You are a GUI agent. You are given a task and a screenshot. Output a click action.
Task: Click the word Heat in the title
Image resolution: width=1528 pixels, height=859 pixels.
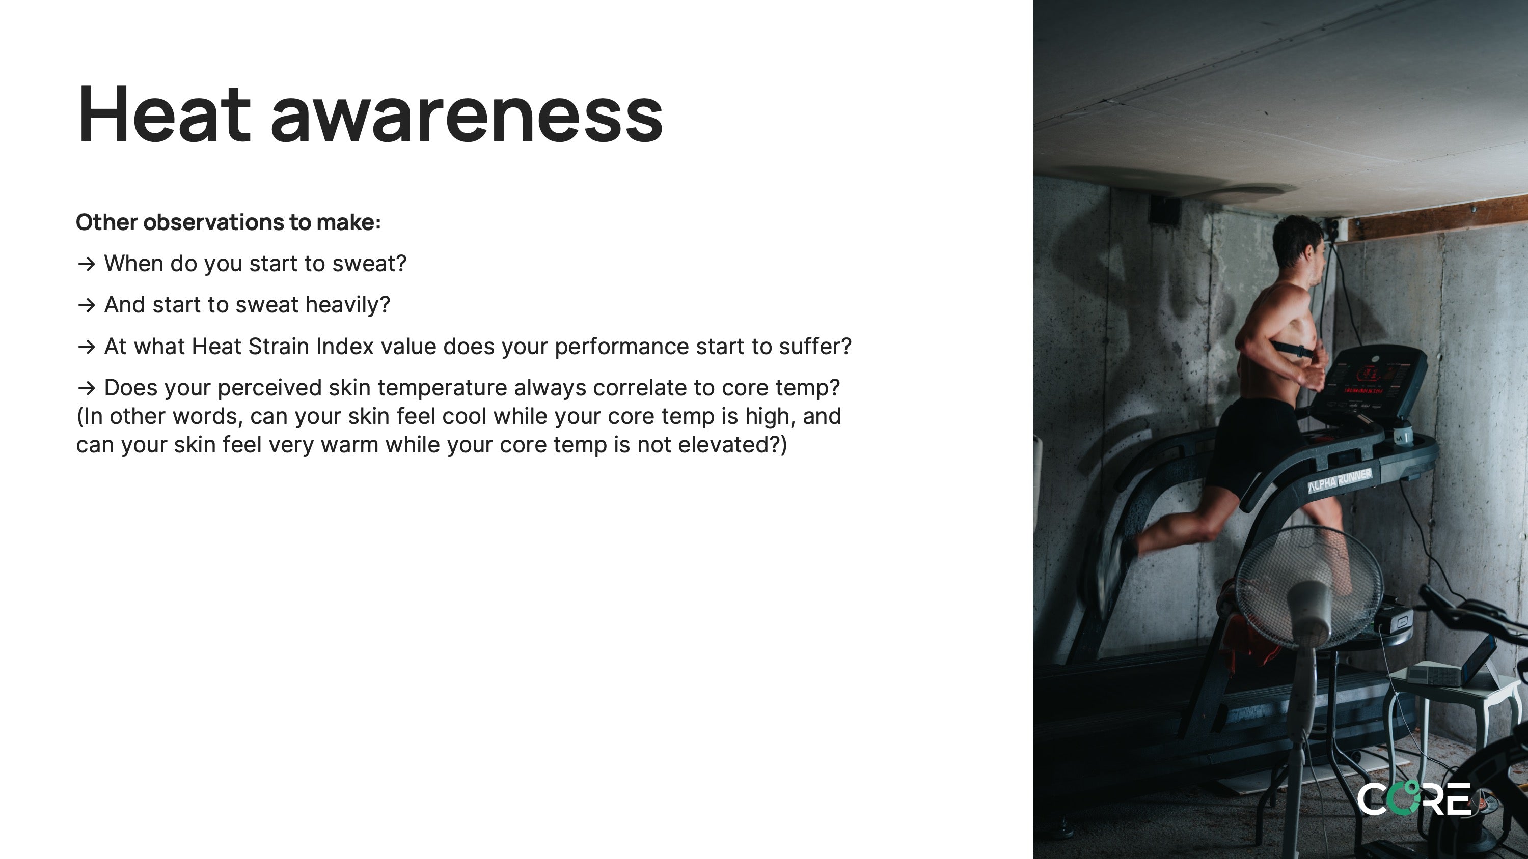(163, 114)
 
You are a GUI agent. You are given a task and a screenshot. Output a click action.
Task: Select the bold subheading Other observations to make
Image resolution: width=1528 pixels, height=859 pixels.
(228, 222)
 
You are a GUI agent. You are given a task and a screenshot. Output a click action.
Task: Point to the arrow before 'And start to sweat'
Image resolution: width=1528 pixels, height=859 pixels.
(87, 305)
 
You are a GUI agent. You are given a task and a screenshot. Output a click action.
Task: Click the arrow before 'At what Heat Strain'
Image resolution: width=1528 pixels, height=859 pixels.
(87, 347)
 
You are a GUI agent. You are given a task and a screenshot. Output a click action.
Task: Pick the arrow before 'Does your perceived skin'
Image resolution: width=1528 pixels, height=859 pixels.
(87, 388)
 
